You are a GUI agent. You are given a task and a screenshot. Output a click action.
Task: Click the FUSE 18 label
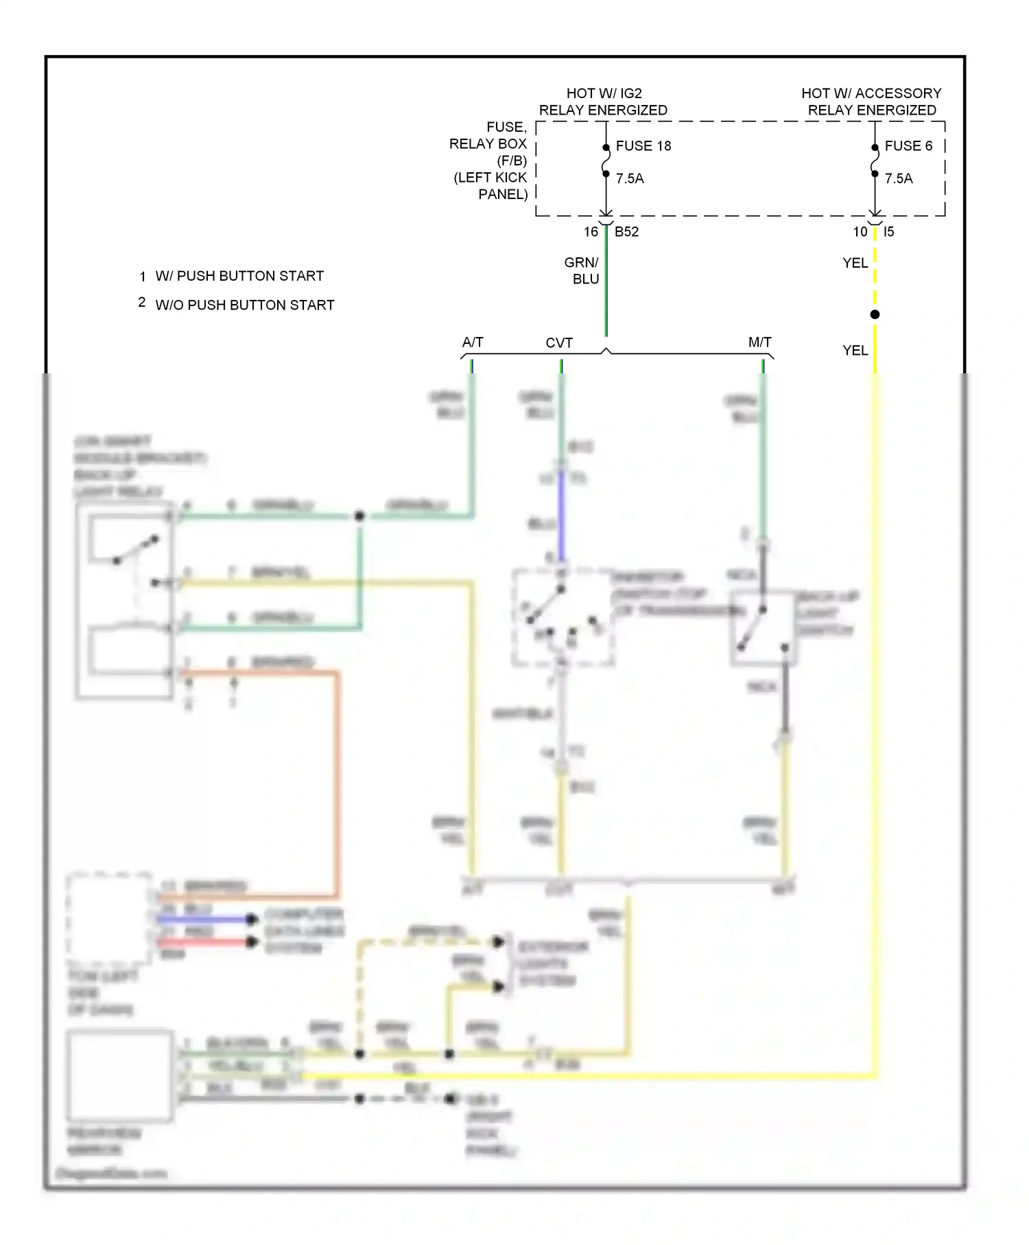(643, 146)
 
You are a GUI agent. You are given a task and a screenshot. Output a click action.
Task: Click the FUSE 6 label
(908, 146)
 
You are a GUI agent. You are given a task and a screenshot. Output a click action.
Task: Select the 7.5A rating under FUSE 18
(630, 178)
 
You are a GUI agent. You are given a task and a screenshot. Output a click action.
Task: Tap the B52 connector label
(626, 232)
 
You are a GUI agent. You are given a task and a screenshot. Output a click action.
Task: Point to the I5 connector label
(888, 232)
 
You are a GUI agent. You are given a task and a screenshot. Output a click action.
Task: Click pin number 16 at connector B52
(591, 232)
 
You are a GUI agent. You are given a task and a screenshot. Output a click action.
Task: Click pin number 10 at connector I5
(860, 232)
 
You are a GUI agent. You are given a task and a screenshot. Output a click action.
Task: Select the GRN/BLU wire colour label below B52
(582, 270)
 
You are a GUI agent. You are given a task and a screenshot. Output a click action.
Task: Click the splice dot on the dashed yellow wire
(875, 314)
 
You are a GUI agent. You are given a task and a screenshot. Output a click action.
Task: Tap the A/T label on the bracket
(473, 342)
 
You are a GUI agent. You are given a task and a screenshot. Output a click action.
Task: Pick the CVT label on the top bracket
(559, 342)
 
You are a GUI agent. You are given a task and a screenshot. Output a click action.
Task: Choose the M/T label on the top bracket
(759, 342)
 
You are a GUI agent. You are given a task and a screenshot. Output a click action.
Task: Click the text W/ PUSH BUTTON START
(239, 276)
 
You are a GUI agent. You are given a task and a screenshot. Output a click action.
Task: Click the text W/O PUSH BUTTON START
(245, 305)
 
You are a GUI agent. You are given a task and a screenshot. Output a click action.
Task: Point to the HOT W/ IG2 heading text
(604, 93)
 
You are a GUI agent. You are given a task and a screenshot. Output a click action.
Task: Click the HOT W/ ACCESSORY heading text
(871, 93)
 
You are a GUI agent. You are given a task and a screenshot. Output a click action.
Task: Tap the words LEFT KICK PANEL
(491, 186)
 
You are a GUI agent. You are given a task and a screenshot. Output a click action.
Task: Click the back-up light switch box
(762, 628)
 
